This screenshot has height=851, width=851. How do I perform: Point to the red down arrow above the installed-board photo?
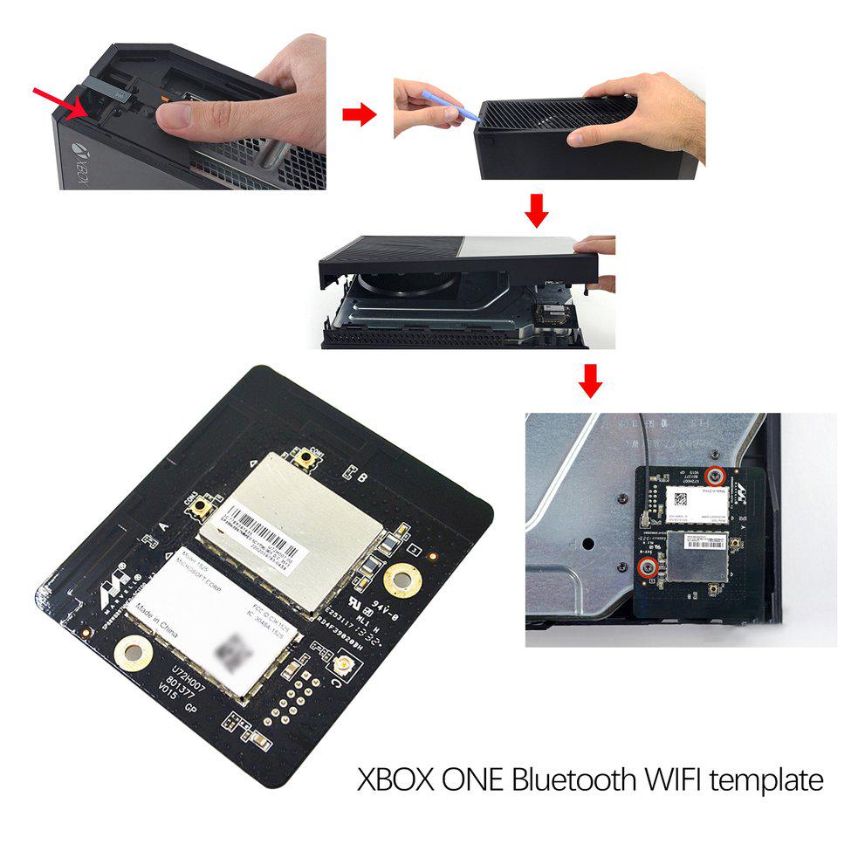[591, 381]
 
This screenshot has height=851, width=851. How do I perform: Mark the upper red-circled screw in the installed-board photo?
[716, 475]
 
